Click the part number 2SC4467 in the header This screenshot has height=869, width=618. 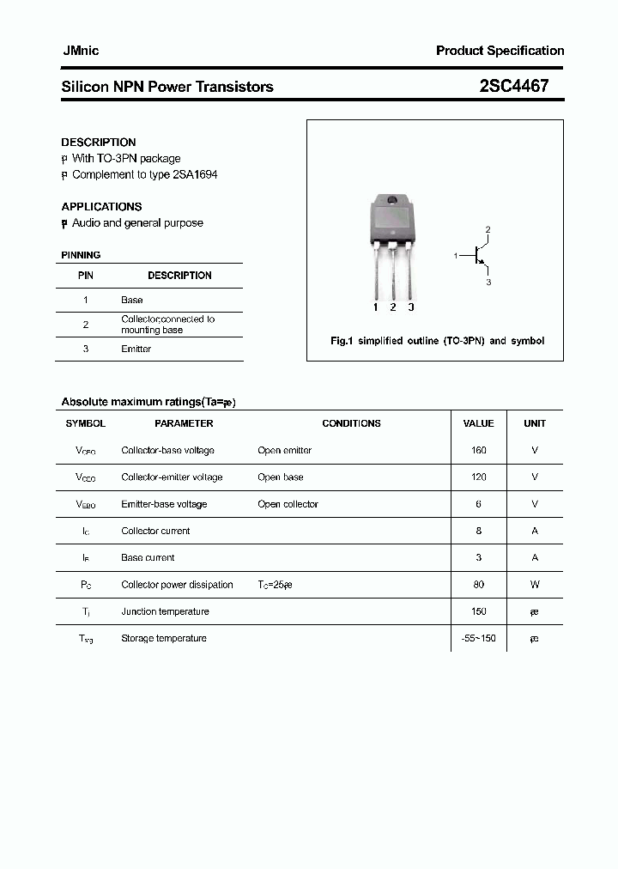click(x=513, y=86)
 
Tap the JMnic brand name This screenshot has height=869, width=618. click(x=81, y=51)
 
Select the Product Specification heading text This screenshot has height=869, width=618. click(x=500, y=51)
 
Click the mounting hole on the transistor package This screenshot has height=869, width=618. click(x=392, y=201)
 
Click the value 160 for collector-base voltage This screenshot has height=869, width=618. click(x=478, y=450)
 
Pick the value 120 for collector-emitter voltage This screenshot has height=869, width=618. click(x=478, y=477)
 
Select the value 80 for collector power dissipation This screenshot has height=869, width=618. click(x=478, y=585)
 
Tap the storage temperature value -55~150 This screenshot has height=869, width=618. click(x=478, y=638)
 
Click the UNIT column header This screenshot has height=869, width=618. click(x=535, y=423)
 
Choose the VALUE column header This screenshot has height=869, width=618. click(x=478, y=423)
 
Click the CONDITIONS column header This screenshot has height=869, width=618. click(x=351, y=423)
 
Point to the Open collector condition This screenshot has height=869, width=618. click(x=288, y=504)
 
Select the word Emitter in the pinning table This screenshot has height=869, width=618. click(x=136, y=349)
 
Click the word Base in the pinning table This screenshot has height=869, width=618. click(x=131, y=300)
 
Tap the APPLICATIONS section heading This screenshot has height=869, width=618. click(x=101, y=207)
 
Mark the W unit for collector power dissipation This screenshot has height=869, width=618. click(x=535, y=585)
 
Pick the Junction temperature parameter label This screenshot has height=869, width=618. click(x=165, y=611)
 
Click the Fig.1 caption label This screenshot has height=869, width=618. click(x=342, y=341)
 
